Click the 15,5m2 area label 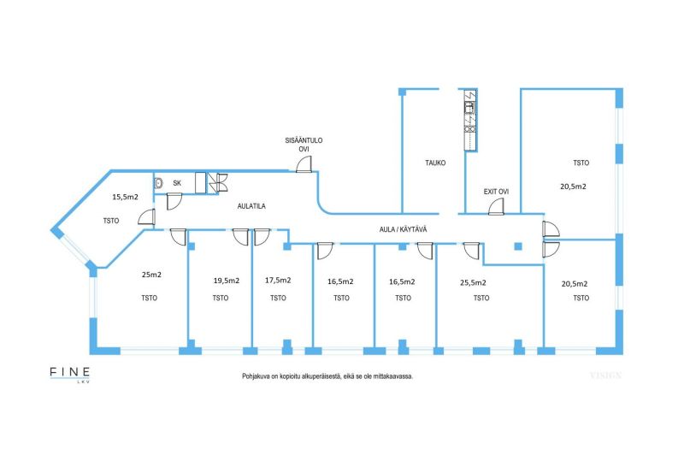click(125, 197)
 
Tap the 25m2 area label click(151, 275)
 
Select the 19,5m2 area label click(226, 280)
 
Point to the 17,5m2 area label click(278, 280)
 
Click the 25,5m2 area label click(473, 281)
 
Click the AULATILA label click(253, 206)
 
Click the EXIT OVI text click(496, 191)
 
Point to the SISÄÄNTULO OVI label click(304, 145)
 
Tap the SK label click(177, 183)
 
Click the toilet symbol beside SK click(158, 183)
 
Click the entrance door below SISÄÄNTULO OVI click(304, 165)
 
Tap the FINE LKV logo click(69, 375)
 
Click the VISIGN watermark click(604, 375)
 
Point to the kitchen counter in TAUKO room click(469, 120)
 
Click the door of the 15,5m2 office click(146, 217)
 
